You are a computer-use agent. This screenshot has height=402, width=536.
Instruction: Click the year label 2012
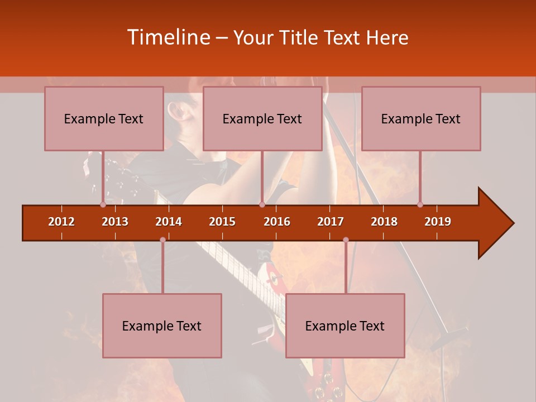[61, 222]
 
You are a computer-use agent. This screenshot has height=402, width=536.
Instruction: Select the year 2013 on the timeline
[115, 222]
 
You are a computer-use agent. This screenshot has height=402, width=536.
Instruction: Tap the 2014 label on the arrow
[169, 222]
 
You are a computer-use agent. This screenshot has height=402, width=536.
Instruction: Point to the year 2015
[222, 222]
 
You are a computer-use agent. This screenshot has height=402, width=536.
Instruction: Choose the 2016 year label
[277, 222]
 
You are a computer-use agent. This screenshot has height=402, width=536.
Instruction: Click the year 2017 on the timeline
[331, 222]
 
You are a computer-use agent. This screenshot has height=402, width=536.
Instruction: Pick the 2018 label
[384, 222]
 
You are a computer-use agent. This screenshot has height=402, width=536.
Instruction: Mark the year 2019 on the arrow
[438, 222]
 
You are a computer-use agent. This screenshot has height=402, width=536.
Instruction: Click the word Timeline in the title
[168, 37]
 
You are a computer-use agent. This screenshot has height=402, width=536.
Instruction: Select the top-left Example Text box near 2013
[104, 118]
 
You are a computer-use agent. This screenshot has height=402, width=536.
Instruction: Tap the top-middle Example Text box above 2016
[262, 118]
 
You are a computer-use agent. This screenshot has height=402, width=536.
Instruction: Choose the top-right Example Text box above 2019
[421, 118]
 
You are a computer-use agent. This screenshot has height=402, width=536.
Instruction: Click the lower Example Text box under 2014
[162, 326]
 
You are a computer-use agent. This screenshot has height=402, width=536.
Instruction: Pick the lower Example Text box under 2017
[345, 326]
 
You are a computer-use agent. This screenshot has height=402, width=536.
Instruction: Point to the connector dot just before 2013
[103, 204]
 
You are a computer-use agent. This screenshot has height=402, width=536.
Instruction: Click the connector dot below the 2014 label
[162, 240]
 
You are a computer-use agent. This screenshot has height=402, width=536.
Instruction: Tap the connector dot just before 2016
[262, 204]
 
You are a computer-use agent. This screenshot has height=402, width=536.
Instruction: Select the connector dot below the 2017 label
[346, 240]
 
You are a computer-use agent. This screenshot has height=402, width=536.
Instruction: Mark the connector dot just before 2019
[420, 204]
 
